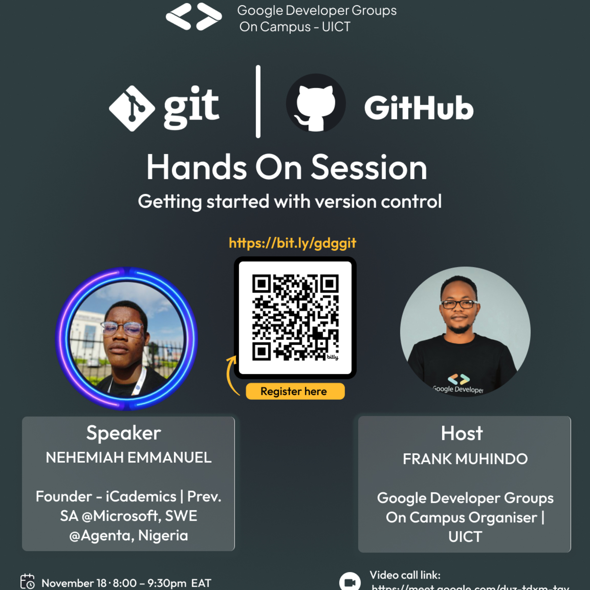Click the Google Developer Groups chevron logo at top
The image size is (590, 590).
194,17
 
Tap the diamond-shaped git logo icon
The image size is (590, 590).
132,108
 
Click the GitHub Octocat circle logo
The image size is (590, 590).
316,103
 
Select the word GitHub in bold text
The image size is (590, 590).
419,108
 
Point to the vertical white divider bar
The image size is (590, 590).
258,101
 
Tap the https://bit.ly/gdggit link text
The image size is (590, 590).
293,243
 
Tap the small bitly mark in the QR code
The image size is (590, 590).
332,357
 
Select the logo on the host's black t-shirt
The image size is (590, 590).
459,379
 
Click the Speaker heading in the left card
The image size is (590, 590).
123,433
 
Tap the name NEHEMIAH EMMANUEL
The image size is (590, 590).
128,458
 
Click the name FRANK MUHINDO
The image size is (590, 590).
465,459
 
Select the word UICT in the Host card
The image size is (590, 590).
465,537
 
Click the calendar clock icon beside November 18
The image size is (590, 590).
28,582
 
